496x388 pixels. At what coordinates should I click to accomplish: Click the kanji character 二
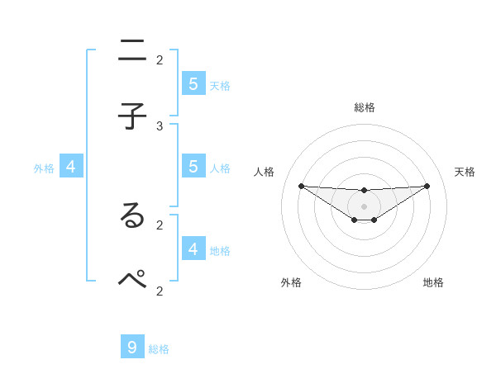[x=132, y=51]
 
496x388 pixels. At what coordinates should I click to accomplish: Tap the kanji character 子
[x=132, y=116]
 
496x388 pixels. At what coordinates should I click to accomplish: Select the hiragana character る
[x=132, y=215]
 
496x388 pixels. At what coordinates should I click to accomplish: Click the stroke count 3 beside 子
[x=160, y=125]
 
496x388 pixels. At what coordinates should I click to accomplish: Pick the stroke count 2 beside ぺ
[x=160, y=290]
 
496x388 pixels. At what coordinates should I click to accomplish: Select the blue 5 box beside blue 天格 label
[x=193, y=83]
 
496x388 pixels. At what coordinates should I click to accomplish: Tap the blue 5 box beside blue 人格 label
[x=193, y=166]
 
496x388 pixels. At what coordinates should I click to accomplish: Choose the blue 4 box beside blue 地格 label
[x=193, y=248]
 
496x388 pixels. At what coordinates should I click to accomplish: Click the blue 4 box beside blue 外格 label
[x=71, y=167]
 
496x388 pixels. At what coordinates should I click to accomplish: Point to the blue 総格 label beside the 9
[x=159, y=349]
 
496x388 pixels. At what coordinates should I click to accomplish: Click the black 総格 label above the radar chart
[x=365, y=107]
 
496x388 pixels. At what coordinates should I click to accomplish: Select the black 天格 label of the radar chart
[x=465, y=172]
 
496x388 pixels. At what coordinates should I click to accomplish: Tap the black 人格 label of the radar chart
[x=265, y=172]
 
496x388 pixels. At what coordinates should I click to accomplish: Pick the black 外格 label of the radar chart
[x=291, y=282]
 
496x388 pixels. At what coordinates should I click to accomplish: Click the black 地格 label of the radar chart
[x=433, y=282]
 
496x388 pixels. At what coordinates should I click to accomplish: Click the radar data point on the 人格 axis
[x=301, y=186]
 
